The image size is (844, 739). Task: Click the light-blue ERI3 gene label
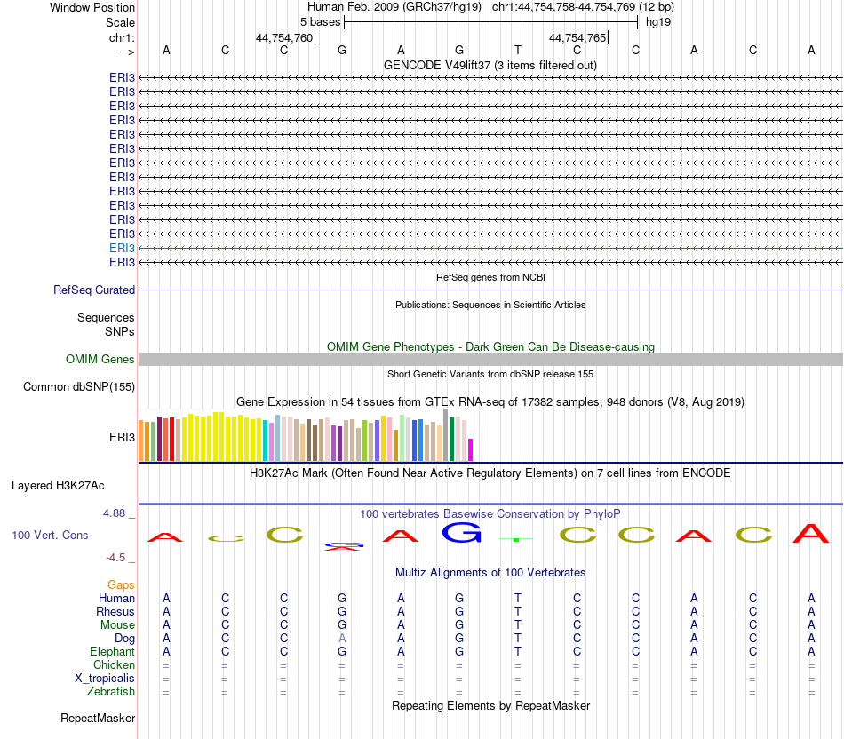(x=122, y=248)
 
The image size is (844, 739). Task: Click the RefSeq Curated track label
(x=94, y=290)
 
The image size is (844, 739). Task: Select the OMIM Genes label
(x=100, y=359)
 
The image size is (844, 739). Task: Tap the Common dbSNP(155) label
(x=79, y=386)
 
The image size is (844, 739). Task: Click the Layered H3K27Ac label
(x=58, y=485)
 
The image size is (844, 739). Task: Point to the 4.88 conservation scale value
(x=115, y=513)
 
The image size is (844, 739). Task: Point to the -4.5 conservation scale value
(x=116, y=558)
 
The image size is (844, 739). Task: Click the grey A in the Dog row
(x=342, y=638)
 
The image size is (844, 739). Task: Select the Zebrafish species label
(x=111, y=691)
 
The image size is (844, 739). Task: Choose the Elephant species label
(x=112, y=651)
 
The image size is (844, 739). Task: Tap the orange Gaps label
(x=121, y=584)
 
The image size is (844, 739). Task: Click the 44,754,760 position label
(x=284, y=37)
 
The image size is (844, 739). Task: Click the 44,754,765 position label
(x=577, y=37)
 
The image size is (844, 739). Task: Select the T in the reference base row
(x=517, y=50)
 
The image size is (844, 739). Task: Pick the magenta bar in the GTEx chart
(x=471, y=449)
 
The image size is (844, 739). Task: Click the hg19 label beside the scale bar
(x=658, y=21)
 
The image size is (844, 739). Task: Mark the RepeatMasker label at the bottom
(x=98, y=718)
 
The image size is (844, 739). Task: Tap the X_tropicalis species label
(x=105, y=678)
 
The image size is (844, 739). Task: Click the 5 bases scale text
(x=320, y=21)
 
